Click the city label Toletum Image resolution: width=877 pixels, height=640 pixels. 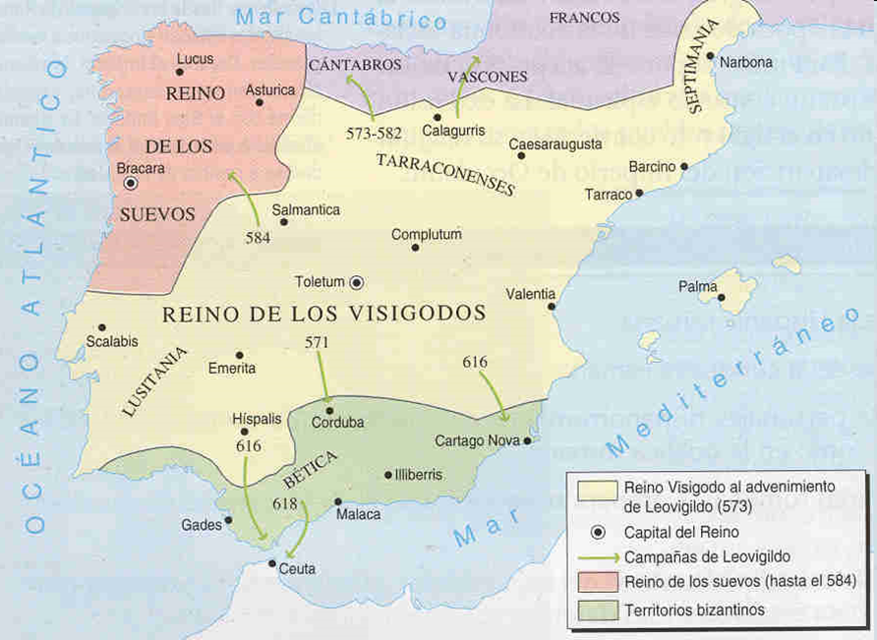320,282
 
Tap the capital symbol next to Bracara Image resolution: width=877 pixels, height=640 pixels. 130,183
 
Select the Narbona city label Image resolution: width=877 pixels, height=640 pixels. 746,62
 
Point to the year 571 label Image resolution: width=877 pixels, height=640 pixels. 317,342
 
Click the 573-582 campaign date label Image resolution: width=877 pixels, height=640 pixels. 375,132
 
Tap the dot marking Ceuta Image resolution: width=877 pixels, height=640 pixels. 272,563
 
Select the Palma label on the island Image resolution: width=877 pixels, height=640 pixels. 698,287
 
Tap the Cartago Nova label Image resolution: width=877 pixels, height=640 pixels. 477,440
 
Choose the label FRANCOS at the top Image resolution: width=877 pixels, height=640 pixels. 584,18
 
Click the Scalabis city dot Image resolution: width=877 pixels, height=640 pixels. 101,327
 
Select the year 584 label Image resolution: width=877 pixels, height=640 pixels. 258,237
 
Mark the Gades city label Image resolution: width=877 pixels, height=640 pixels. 201,525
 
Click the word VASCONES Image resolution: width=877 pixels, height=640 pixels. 487,76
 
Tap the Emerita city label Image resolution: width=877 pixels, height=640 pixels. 233,368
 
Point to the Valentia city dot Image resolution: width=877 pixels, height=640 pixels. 552,307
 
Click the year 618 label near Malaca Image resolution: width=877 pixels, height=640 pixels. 286,503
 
